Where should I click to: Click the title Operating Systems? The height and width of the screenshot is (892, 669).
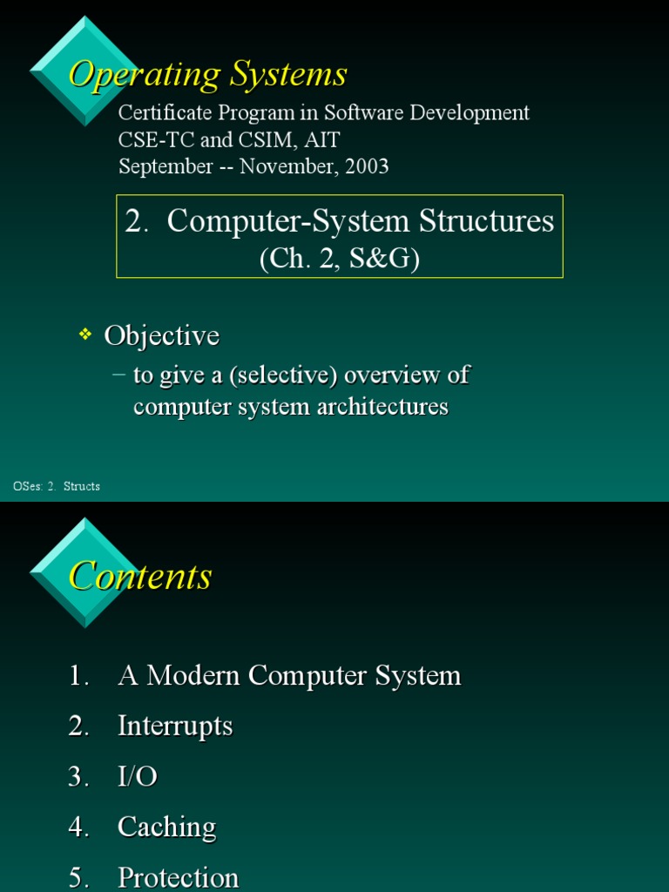[x=207, y=75]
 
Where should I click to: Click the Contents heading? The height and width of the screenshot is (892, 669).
[x=140, y=577]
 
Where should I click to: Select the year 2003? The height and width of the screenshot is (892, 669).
[x=366, y=166]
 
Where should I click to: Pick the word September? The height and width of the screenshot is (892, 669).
[x=166, y=166]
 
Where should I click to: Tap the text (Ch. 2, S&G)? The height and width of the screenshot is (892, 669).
[x=340, y=260]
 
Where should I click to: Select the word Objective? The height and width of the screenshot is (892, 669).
[x=161, y=336]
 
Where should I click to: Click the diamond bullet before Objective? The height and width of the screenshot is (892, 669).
[x=85, y=334]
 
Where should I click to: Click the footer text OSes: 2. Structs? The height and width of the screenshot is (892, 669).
[x=57, y=486]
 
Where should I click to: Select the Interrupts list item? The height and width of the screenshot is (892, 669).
[x=175, y=726]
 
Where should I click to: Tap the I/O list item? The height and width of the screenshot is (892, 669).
[x=138, y=776]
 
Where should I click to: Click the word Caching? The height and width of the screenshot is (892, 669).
[x=166, y=827]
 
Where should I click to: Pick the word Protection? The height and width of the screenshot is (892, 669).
[x=178, y=877]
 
